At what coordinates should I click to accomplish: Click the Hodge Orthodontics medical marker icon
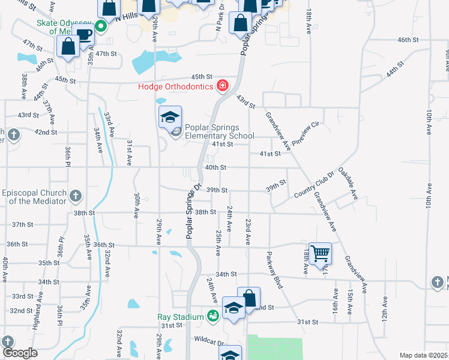pos(223,86)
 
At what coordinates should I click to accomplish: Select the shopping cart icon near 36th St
pos(320,253)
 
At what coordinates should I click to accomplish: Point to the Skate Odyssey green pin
pos(101,26)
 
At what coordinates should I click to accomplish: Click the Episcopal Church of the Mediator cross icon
pos(76,196)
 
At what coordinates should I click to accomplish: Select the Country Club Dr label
pos(314,187)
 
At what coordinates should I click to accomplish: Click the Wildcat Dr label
pos(208,339)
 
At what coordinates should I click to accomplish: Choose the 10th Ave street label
pos(429,123)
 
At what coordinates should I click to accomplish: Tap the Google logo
pos(20,353)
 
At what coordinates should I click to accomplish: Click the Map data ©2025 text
pos(423,355)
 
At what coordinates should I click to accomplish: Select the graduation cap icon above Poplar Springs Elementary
pos(170,116)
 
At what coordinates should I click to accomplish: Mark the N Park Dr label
pos(220,20)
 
